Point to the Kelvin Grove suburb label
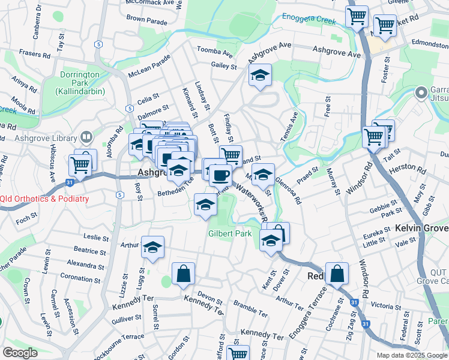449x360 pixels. (421, 229)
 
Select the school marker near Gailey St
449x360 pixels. (259, 75)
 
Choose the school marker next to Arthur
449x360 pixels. (152, 247)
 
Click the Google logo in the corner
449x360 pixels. (20, 353)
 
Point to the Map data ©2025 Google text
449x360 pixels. (412, 355)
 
